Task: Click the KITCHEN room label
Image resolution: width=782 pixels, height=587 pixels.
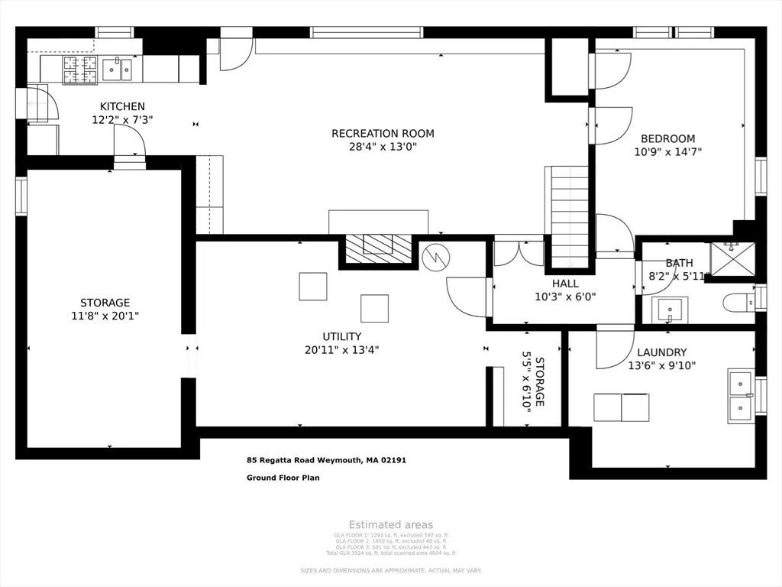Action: click(122, 106)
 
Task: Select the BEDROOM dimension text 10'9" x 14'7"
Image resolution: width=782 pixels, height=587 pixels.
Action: click(667, 151)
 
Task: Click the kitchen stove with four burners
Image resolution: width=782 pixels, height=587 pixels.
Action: click(79, 70)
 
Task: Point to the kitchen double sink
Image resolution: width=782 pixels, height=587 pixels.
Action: click(117, 70)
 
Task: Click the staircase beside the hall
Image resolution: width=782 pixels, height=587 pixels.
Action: click(570, 218)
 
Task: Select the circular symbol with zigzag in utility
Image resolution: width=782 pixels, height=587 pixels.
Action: click(433, 256)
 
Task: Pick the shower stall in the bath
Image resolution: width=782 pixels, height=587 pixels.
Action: click(732, 258)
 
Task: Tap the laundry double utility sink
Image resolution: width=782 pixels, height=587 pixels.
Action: click(741, 395)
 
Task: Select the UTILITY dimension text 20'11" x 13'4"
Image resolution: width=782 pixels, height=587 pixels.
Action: click(341, 350)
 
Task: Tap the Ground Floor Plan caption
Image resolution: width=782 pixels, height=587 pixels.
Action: click(283, 478)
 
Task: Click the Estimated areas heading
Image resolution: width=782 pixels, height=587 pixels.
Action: click(391, 524)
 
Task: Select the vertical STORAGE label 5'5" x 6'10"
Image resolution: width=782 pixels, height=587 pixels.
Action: click(532, 381)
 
